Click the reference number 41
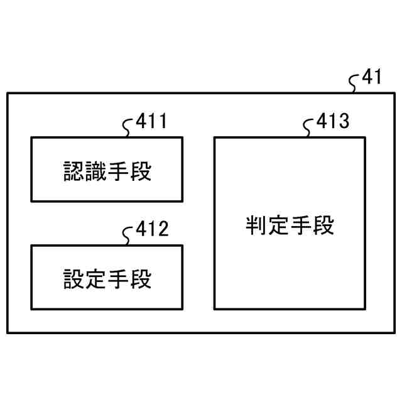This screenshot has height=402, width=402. pos(371,78)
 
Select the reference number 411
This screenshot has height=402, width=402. pos(151,121)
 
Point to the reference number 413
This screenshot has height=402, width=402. pos(333,121)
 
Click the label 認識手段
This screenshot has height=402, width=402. pos(107,170)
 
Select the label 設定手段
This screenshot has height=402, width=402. pos(107,278)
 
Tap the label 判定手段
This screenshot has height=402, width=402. pos(290,224)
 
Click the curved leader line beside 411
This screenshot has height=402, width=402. pos(128,128)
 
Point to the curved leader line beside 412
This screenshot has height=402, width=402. pos(128,236)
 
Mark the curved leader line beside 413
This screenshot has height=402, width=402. pos(308,128)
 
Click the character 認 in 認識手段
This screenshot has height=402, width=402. pos(74,170)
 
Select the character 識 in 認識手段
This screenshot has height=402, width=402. pos(96,170)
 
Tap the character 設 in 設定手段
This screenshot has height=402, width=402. pos(74,278)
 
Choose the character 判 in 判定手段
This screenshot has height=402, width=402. pos(256,224)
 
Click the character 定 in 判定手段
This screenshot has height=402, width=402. pos(278,224)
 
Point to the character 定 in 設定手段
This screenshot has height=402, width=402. pos(96,278)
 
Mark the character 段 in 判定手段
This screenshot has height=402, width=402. pos(323,224)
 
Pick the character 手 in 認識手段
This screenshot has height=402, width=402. pos(119,170)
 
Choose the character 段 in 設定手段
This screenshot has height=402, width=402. pos(141,278)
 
